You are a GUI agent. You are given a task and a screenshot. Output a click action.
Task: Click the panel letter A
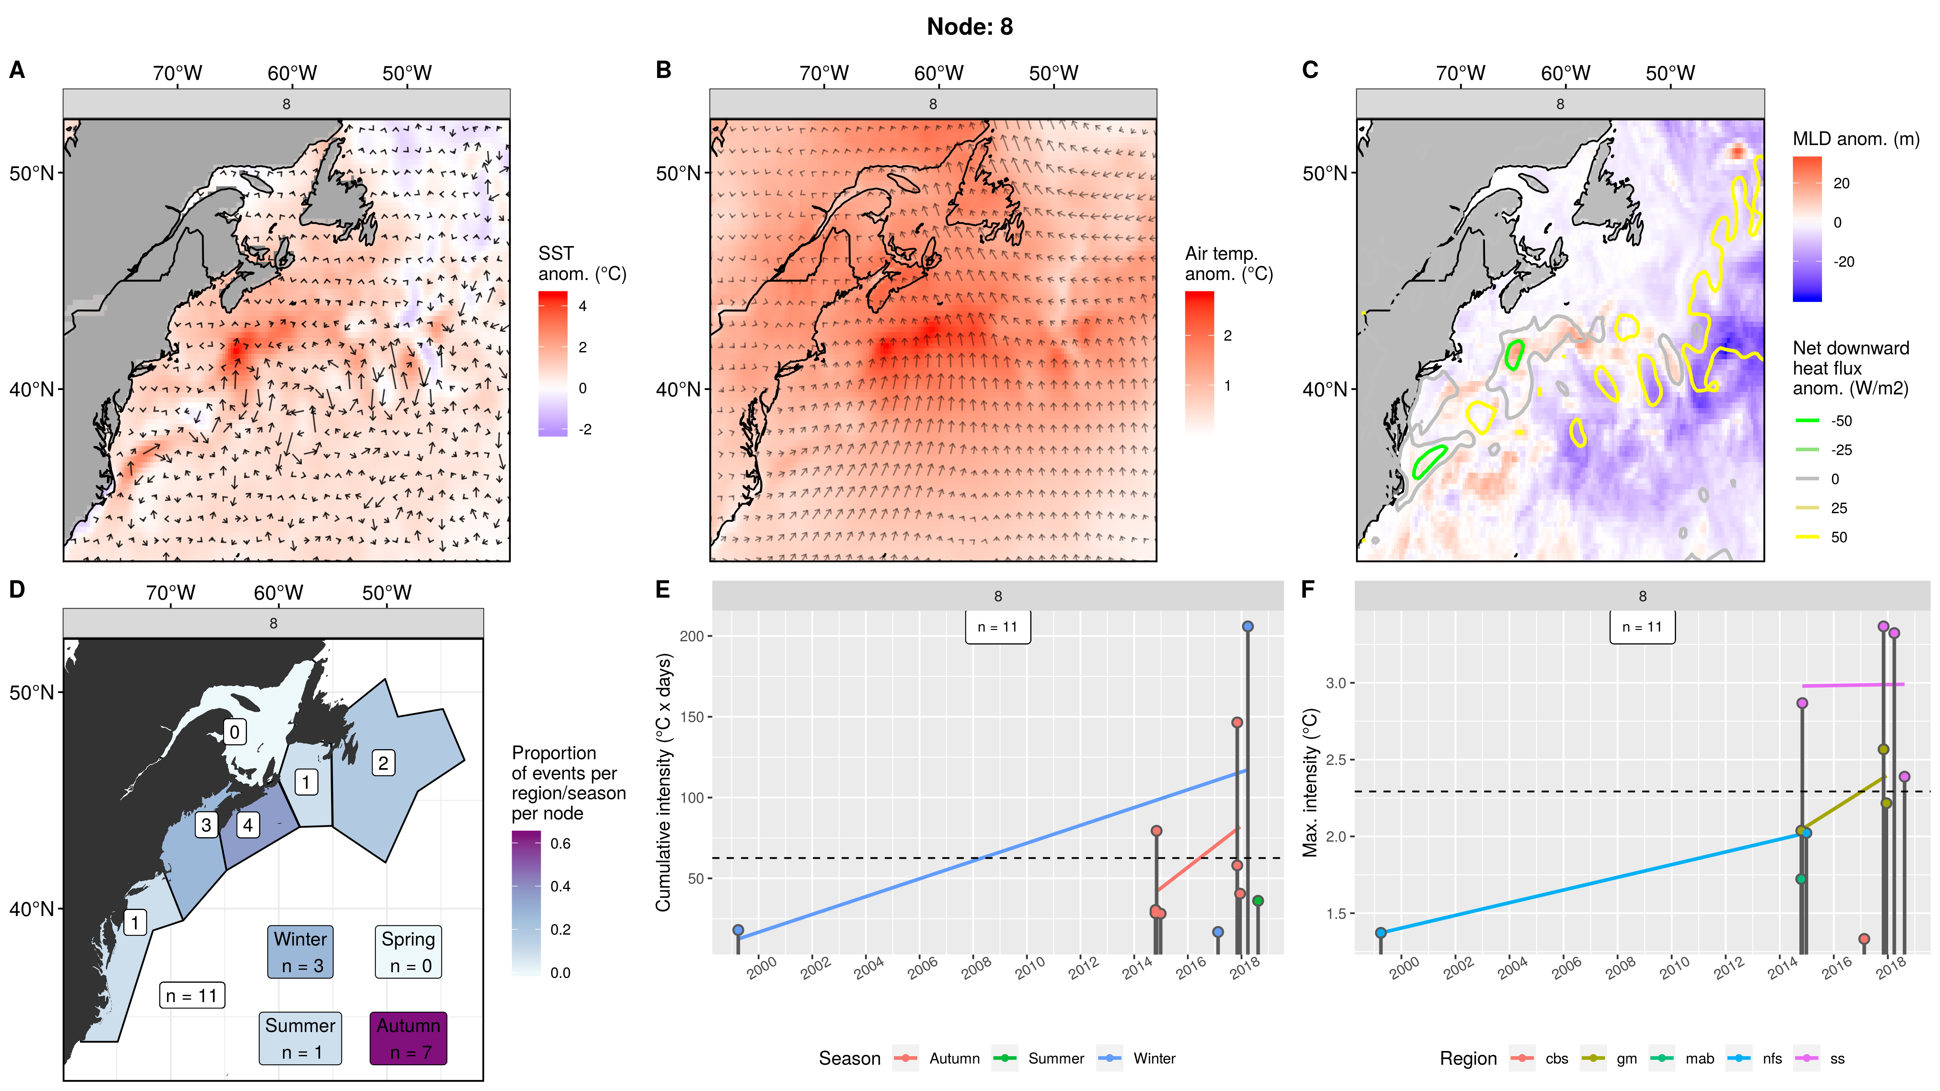click(x=17, y=70)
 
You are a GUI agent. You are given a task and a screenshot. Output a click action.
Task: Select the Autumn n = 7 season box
click(x=408, y=1038)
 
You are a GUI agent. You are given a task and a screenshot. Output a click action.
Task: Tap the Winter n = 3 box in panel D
click(x=300, y=952)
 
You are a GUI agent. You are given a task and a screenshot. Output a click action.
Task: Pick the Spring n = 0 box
click(x=408, y=952)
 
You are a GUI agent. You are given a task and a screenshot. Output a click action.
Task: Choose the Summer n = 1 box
click(x=300, y=1038)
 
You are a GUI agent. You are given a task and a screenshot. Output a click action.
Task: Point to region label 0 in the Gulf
click(x=234, y=732)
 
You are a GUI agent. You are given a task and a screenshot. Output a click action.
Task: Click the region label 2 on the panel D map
click(x=383, y=763)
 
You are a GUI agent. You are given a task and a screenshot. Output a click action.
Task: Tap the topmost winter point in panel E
click(x=1248, y=626)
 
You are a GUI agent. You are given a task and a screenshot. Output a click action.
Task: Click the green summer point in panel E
click(x=1258, y=901)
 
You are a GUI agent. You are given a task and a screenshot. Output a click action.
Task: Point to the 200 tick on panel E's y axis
click(x=692, y=636)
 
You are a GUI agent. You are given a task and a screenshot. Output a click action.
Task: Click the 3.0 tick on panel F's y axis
click(x=1335, y=683)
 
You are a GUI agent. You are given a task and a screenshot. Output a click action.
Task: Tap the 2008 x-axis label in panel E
click(x=976, y=967)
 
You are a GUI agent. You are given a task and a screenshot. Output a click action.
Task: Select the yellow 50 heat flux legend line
click(x=1807, y=537)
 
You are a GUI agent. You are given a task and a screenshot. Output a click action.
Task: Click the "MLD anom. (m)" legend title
click(x=1856, y=139)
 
